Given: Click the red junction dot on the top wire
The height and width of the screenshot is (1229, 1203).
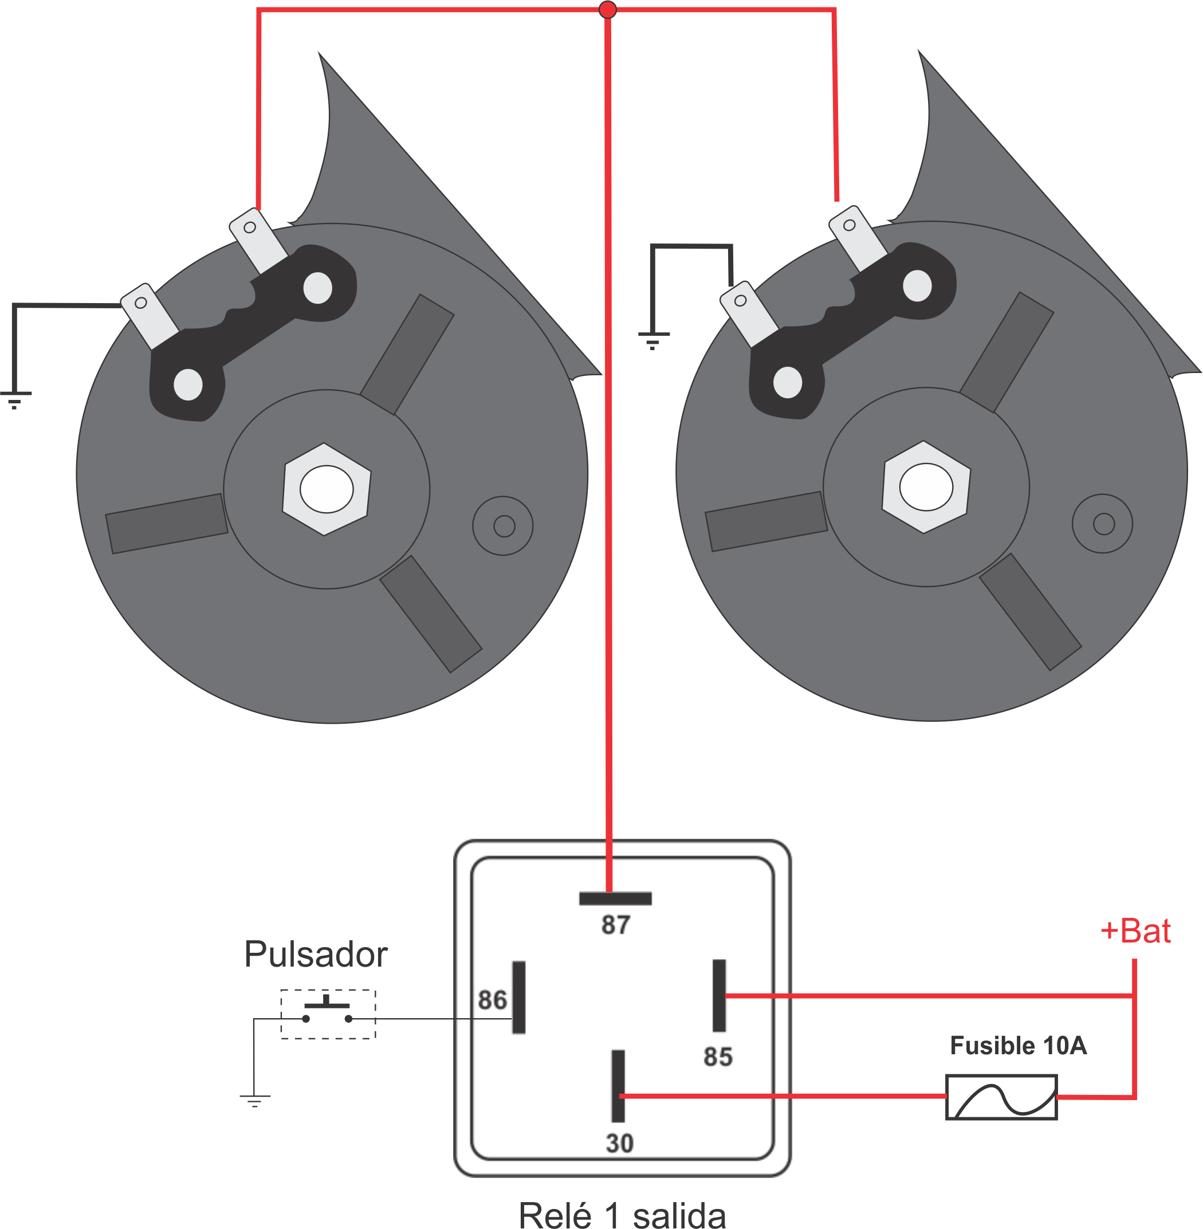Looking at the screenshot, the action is pos(607,10).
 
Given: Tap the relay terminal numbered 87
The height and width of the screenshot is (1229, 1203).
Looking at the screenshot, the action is pos(615,898).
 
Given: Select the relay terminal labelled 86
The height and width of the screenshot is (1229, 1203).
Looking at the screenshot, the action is pos(519,997).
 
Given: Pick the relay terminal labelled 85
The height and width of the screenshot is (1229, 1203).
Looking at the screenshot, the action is pos(719,995).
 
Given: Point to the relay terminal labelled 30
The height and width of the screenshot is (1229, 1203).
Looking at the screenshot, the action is pos(618,1086).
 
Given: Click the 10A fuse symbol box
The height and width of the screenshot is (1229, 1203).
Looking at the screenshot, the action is pos(1001,1097).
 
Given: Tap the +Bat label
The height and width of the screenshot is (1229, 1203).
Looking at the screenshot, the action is pos(1135,930).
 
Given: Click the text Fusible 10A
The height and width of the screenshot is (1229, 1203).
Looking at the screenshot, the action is pos(1019,1045).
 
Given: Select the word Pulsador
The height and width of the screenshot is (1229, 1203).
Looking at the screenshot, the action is pos(315,954).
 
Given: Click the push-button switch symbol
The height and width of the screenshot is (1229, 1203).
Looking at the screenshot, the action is pos(328,1014).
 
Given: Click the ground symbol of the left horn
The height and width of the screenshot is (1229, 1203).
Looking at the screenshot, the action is pos(14,400).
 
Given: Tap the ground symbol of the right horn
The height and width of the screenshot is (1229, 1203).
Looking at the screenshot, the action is pos(653,340).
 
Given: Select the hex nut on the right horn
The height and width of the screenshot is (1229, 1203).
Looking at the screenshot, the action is pos(926,486).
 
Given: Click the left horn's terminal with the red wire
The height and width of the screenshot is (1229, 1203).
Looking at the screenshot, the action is pos(258,240).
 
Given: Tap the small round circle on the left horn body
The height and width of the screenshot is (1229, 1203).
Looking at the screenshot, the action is pos(503,526).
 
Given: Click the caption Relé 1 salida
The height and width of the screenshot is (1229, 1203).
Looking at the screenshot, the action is pos(622,1215).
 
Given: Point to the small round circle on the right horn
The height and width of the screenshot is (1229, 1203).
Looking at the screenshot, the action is pos(1103,524).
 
